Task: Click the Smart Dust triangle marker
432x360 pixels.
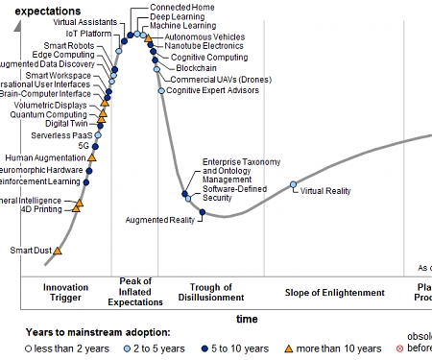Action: coord(57,251)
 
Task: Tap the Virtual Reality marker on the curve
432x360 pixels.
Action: coord(294,184)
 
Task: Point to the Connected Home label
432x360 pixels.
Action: coord(183,6)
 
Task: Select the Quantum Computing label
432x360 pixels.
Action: coord(48,114)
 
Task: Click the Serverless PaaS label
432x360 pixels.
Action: coord(60,135)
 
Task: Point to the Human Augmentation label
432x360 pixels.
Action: coord(45,157)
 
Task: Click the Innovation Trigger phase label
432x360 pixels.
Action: coord(66,292)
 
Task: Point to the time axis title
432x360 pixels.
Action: coord(247,318)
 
